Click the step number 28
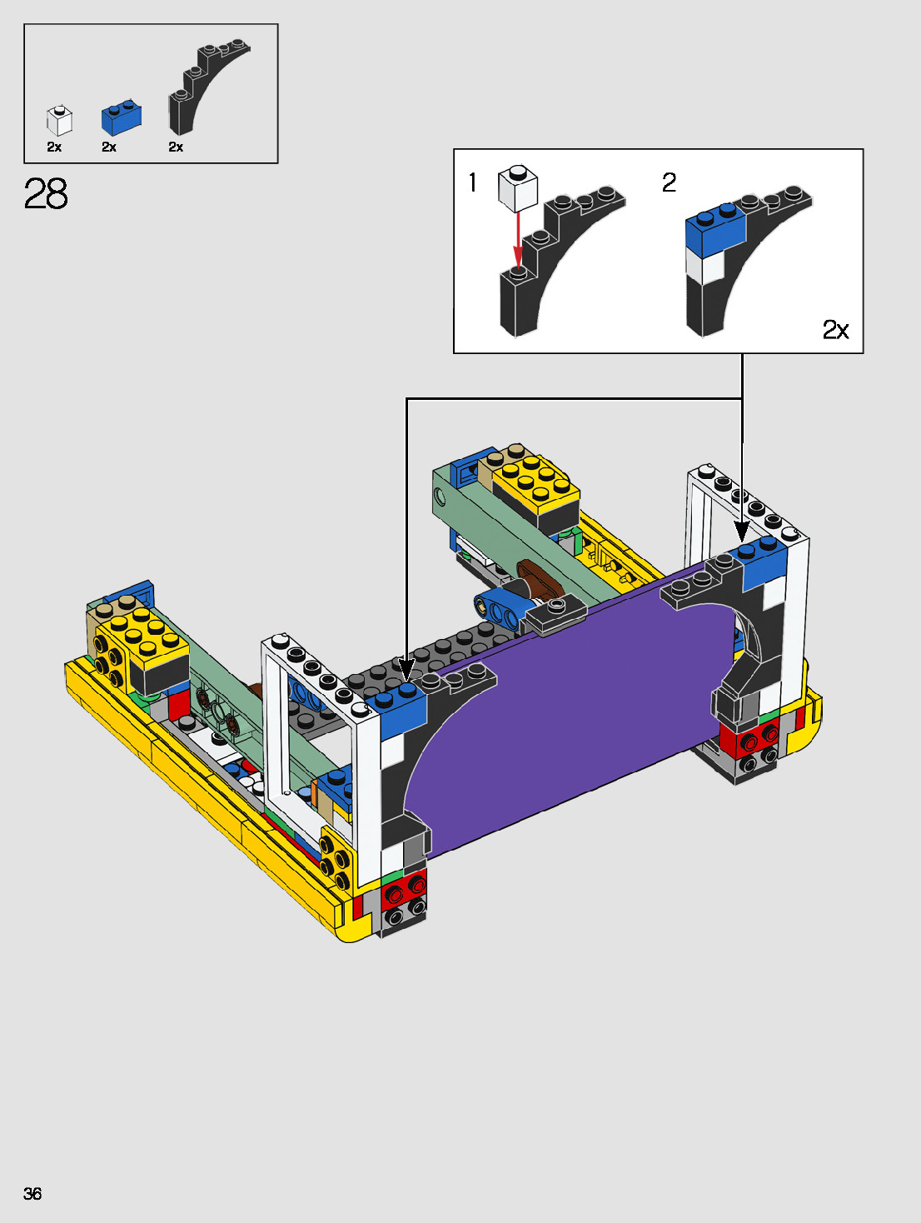tap(46, 193)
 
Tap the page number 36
tap(32, 1193)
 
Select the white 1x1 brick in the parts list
tap(59, 120)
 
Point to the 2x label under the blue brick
tap(109, 147)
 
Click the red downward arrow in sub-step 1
tap(518, 240)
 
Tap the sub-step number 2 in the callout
tap(669, 182)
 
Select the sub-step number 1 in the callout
tap(473, 182)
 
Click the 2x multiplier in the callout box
tap(835, 330)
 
